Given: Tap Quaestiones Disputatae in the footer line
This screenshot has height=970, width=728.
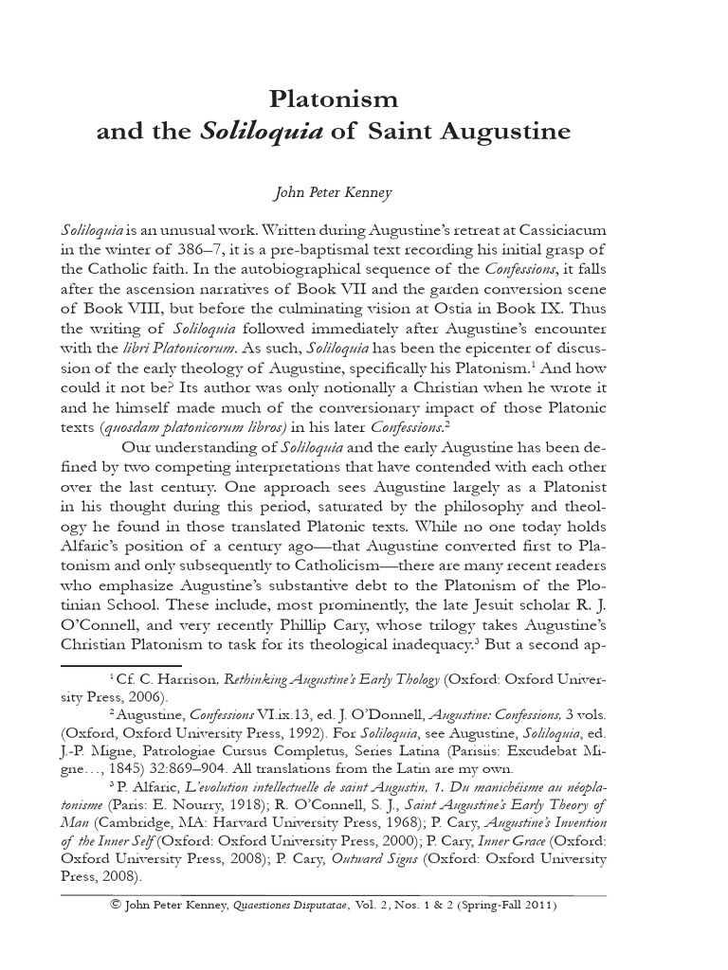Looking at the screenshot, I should pyautogui.click(x=309, y=906).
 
